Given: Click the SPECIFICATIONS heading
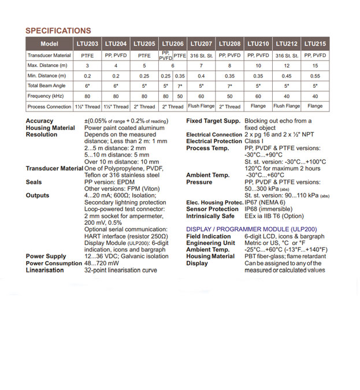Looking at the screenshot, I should click(58, 31).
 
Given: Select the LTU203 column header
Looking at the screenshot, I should click(87, 44).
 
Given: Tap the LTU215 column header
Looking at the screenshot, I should click(315, 44).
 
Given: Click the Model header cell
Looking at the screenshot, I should click(50, 44).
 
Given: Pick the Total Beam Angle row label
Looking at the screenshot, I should click(49, 86).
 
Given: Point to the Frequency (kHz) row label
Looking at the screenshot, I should click(47, 96).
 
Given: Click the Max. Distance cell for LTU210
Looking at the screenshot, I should click(258, 65).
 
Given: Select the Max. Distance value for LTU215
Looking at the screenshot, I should click(315, 65).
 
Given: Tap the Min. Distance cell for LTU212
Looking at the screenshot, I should click(287, 76).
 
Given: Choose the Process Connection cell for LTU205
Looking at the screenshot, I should click(144, 106).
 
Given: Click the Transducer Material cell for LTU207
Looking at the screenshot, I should click(201, 55).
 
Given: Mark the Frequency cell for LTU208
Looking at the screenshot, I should click(229, 96).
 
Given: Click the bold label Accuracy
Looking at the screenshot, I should click(39, 121).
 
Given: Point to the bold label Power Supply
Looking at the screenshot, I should click(46, 256).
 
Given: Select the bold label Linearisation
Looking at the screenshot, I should click(44, 270).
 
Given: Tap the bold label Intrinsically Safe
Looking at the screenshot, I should click(210, 216).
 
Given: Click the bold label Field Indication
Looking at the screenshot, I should click(208, 236).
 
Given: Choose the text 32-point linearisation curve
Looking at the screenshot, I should click(120, 270).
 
